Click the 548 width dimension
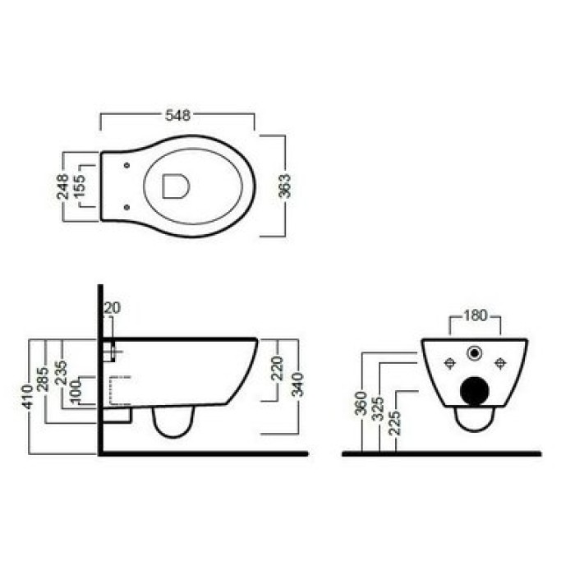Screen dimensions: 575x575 pos(178,115)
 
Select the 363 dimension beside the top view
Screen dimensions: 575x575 pos(284,186)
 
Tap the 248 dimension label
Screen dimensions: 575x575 pos(62,186)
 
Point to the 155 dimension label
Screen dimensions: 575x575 pos(80,186)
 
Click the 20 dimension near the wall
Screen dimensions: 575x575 pos(112,308)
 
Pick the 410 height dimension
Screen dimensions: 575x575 pos(28,397)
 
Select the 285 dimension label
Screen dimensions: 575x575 pos(44,379)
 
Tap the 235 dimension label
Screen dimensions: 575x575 pos(61,373)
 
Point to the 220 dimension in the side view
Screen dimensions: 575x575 pos(278,368)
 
